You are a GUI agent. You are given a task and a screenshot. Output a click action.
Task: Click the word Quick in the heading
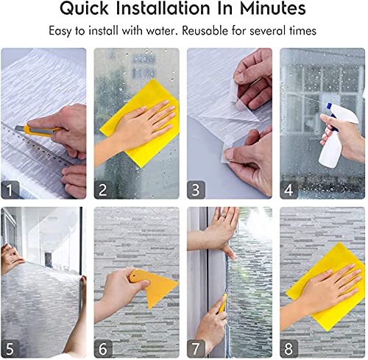click(93, 10)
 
